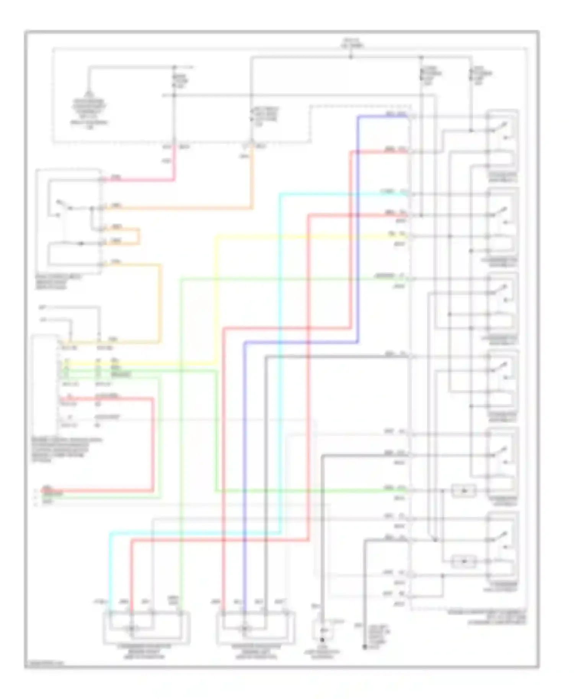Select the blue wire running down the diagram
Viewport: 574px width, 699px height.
point(358,229)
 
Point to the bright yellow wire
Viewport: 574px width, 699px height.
point(217,298)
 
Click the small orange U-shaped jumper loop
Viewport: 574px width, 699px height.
point(139,236)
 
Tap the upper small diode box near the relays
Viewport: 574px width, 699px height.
point(464,490)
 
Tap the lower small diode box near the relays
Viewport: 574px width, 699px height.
point(464,561)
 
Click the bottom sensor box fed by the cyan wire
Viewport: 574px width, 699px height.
point(147,627)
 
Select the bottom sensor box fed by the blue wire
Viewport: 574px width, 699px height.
point(256,627)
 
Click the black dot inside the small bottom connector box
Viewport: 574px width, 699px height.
point(322,639)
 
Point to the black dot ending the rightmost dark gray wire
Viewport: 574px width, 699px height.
point(365,647)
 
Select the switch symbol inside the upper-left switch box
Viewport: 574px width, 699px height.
point(63,205)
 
